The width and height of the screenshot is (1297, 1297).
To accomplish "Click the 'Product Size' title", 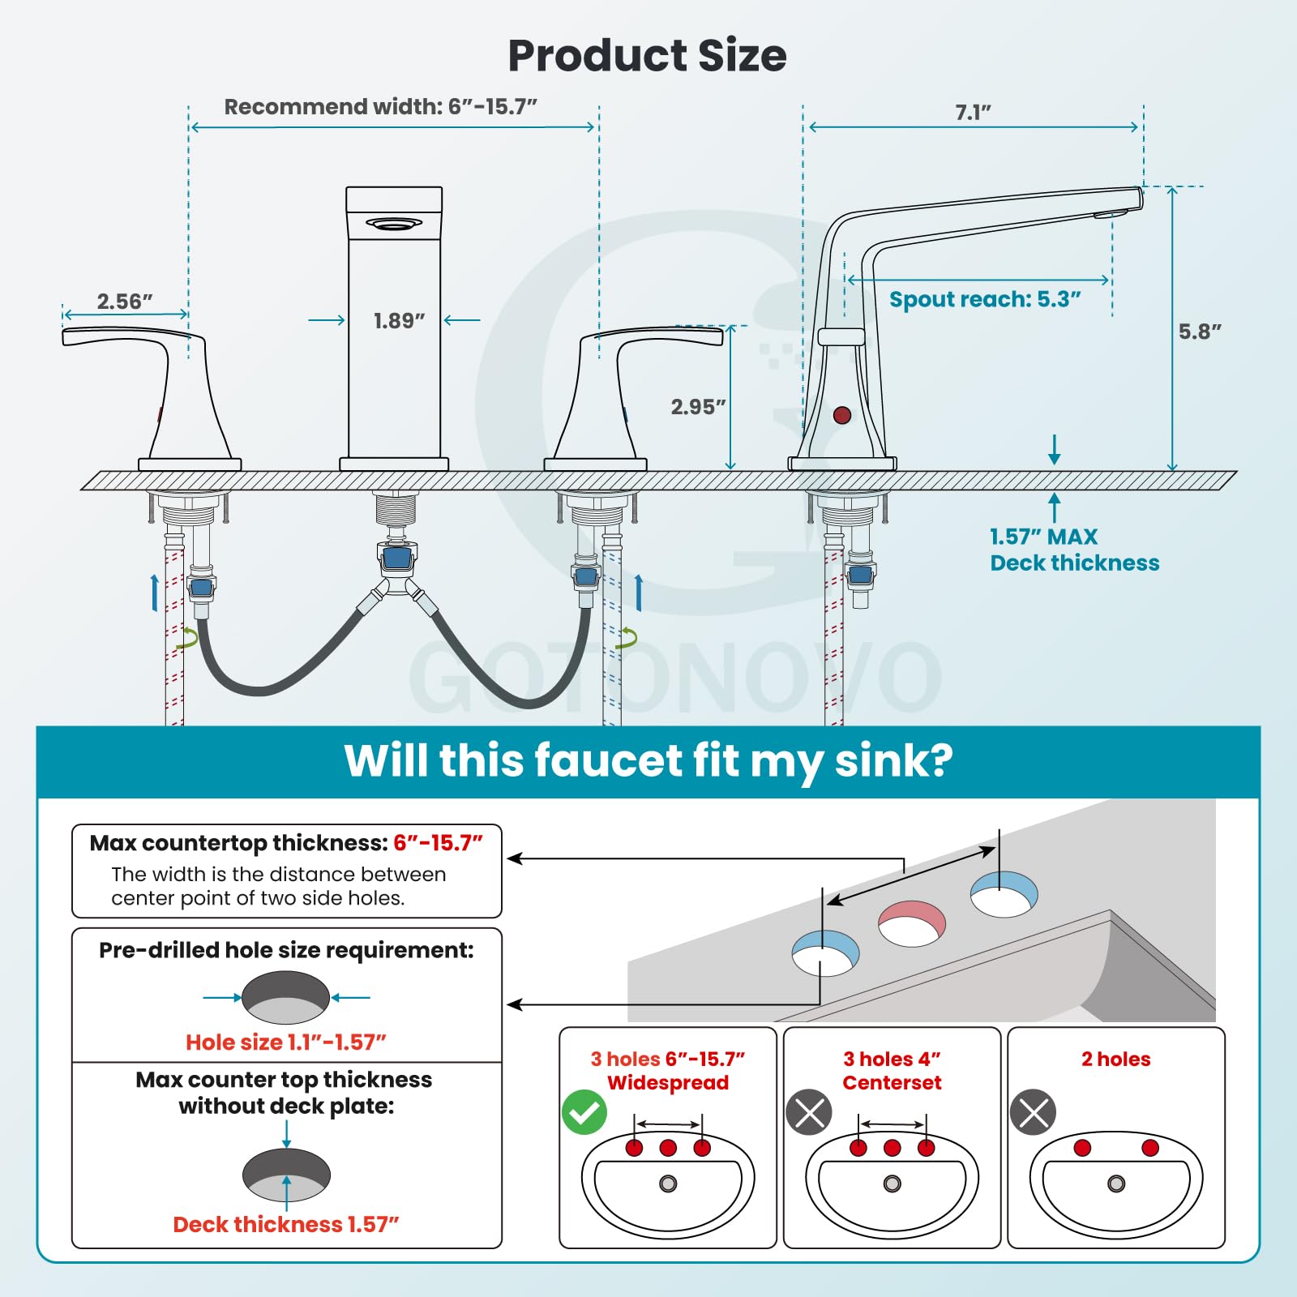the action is [647, 56].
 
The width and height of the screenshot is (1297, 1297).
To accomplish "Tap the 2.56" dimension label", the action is [125, 302].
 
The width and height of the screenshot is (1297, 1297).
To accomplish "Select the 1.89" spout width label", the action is [399, 321].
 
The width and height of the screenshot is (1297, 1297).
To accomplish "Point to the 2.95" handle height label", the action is [698, 407].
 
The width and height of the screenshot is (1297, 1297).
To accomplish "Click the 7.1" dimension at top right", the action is [973, 113].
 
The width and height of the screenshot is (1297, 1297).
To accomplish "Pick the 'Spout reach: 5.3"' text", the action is [985, 299].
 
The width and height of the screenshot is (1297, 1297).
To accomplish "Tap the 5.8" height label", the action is [1200, 332].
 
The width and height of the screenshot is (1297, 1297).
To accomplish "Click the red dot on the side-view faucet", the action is [842, 415].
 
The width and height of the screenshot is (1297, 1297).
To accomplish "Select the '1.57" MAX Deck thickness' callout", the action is [1074, 550].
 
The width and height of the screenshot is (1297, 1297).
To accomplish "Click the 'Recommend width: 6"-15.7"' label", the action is [381, 107].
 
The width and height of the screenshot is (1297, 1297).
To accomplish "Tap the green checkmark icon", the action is [584, 1112].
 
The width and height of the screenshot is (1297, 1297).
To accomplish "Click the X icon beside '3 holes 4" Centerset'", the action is [809, 1112].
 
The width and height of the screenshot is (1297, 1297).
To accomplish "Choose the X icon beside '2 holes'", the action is [1033, 1112].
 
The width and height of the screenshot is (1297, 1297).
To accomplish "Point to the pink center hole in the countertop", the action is [912, 923].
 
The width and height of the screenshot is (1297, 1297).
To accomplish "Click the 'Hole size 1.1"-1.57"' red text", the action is [286, 1042].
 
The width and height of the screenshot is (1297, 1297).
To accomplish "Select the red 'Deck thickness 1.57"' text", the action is [286, 1224].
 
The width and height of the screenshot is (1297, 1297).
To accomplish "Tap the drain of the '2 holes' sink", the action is [1116, 1184].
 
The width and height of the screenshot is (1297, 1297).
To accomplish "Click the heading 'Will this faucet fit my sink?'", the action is [648, 761].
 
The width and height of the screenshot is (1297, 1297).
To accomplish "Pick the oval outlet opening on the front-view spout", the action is [394, 224].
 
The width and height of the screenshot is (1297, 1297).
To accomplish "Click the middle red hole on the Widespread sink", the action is [668, 1147].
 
